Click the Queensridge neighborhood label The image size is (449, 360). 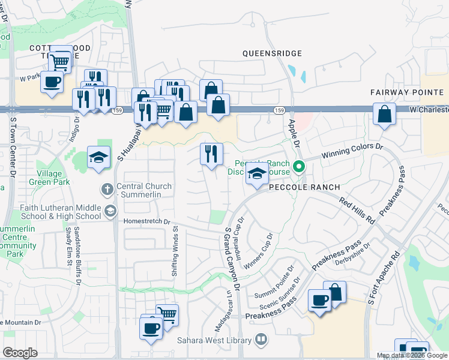click(271, 53)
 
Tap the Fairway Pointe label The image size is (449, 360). click(406, 92)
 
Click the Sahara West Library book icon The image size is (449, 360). click(261, 340)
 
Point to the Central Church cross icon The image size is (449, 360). click(107, 190)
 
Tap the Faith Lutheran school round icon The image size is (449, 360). click(110, 211)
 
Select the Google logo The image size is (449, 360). click(20, 352)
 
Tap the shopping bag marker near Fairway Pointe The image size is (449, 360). click(384, 113)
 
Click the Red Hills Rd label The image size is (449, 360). click(357, 210)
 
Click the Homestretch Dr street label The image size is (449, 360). click(147, 221)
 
